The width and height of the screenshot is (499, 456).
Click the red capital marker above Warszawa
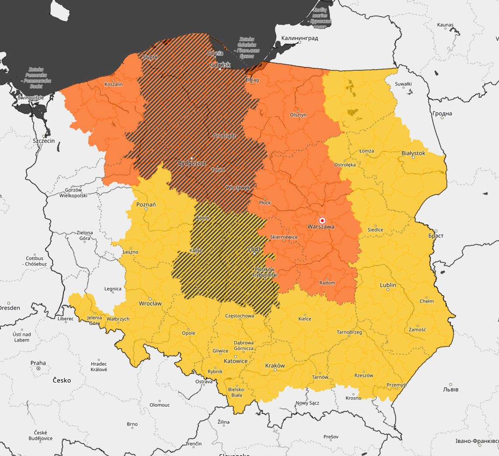323,220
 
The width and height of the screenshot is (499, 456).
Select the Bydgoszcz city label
192,163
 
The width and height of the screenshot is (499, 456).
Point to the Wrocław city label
150,303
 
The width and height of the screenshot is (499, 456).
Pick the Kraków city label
275,365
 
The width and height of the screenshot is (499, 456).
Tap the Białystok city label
413,153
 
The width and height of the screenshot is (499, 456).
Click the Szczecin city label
44,141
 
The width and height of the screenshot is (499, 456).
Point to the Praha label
38,363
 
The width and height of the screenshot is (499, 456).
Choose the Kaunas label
445,25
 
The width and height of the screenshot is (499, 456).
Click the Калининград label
299,38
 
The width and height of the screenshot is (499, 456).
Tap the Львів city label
451,389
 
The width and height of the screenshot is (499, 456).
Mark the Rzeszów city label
364,375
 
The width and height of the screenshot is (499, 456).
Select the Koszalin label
113,84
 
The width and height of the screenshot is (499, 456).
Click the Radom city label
327,283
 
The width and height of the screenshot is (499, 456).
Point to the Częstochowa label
239,316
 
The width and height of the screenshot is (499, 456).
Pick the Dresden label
9,308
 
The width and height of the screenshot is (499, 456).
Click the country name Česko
62,380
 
